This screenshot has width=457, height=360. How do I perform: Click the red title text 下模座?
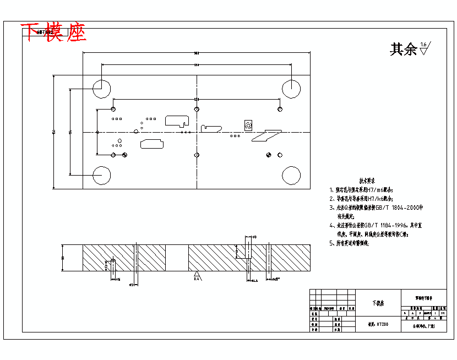(x=53, y=34)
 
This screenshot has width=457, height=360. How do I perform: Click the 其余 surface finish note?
(x=403, y=50)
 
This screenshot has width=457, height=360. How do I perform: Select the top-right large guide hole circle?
(x=291, y=88)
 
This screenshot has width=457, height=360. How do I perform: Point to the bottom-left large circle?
(x=102, y=175)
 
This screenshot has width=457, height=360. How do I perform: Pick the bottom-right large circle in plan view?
(x=291, y=175)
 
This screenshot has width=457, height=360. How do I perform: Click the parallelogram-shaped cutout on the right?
(x=266, y=135)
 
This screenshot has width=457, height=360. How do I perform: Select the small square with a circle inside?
(x=248, y=126)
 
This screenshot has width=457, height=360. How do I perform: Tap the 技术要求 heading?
(x=367, y=181)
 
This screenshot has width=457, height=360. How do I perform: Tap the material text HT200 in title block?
(x=382, y=325)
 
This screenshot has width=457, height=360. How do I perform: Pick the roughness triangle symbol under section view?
(x=196, y=273)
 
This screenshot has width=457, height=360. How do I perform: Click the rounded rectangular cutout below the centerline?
(x=151, y=144)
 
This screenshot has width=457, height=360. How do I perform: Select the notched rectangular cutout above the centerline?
(x=177, y=120)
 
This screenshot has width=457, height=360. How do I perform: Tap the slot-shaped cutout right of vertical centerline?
(x=211, y=128)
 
